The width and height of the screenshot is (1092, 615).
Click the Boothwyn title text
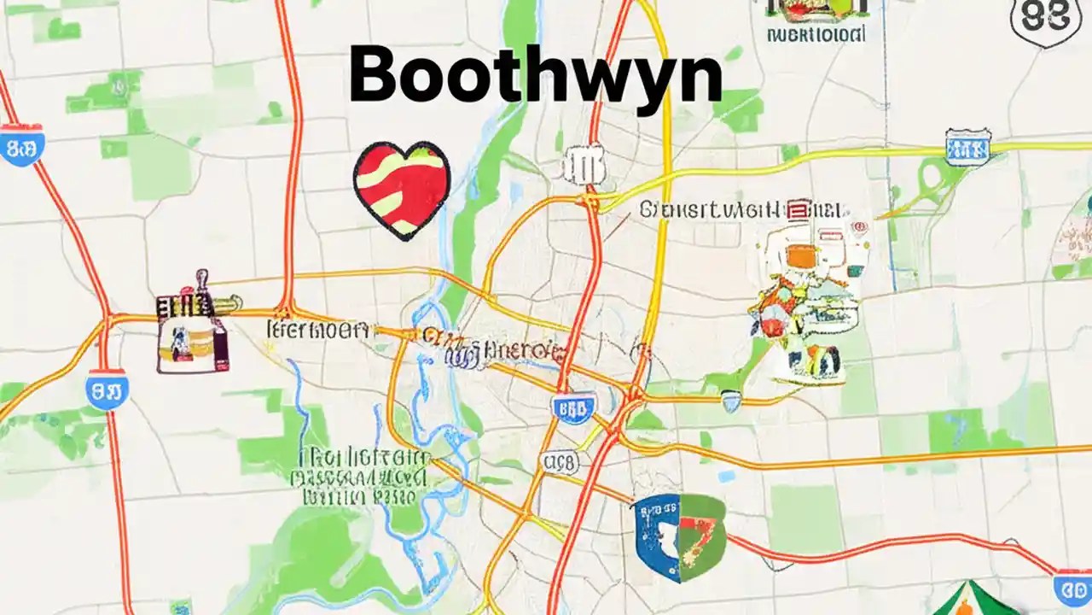tap(535, 75)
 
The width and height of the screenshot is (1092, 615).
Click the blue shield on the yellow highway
tap(967, 147)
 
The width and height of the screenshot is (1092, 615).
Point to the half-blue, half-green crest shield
tap(678, 535)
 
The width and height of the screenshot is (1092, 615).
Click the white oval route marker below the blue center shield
tap(560, 463)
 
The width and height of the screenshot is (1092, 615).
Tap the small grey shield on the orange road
tap(731, 400)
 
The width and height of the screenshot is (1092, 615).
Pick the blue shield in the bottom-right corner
tap(1072, 589)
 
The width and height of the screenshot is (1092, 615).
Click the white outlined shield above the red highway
tap(584, 165)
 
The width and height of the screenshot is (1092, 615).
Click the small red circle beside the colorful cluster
tap(859, 227)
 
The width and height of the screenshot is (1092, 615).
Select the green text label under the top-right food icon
tap(816, 35)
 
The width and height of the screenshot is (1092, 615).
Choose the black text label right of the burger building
tap(318, 330)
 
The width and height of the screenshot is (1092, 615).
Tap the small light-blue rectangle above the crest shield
tap(727, 475)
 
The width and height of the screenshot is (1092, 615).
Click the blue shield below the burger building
tap(107, 389)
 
